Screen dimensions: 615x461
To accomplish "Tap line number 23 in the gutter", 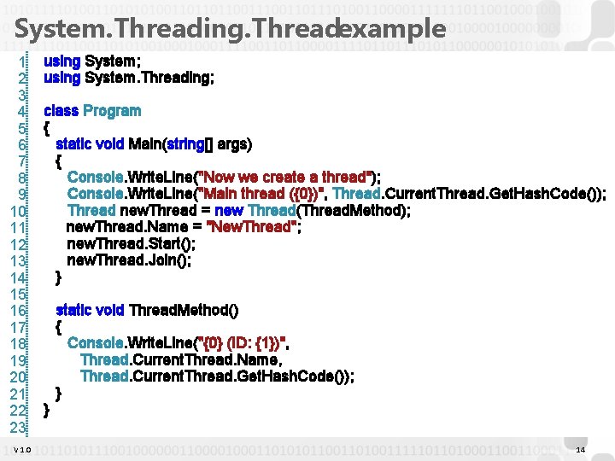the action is point(20,426).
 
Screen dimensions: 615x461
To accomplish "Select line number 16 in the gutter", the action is point(20,311).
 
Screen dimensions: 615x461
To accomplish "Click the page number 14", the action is point(581,450).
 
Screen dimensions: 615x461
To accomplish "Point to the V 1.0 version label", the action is point(22,450).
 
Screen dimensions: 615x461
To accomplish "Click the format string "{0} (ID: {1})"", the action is point(243,343).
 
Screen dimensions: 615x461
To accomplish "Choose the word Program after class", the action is point(112,111).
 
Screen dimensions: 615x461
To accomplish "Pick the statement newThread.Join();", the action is point(129,260).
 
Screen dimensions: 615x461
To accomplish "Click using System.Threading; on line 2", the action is point(129,78).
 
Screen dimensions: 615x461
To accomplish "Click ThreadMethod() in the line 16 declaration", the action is point(184,310).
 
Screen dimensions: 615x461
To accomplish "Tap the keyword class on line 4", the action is point(61,111).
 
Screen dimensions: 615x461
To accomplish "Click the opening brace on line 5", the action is point(46,128).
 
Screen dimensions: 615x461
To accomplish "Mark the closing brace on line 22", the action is point(46,410).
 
